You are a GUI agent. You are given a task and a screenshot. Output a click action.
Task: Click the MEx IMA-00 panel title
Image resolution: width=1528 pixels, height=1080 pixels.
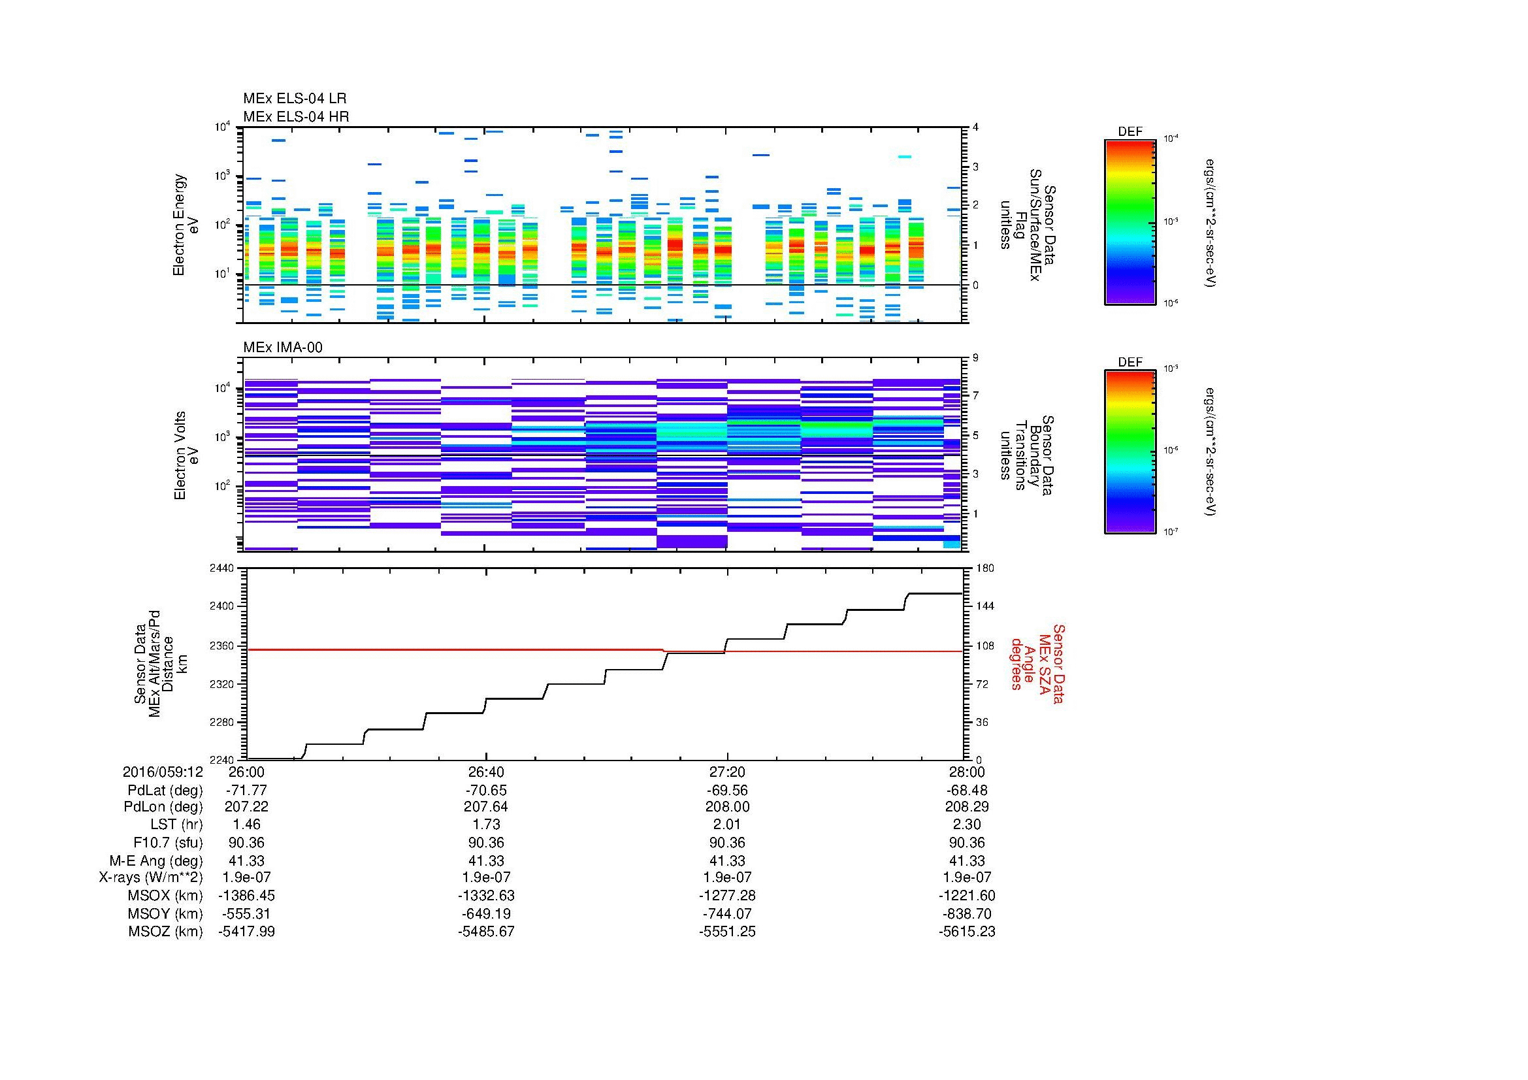point(282,348)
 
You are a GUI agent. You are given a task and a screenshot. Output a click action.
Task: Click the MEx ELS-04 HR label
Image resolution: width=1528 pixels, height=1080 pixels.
point(295,116)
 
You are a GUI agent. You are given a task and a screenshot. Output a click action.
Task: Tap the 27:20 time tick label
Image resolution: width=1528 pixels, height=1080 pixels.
point(726,772)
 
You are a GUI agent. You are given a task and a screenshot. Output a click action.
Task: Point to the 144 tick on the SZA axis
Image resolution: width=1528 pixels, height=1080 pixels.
point(984,606)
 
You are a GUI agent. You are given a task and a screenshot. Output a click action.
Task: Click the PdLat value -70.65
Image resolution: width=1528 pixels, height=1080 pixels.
point(486,790)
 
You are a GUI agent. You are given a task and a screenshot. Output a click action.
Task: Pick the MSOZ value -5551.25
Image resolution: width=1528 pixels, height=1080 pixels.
point(726,932)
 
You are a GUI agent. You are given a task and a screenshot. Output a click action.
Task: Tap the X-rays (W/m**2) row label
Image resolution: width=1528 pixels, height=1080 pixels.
point(150,877)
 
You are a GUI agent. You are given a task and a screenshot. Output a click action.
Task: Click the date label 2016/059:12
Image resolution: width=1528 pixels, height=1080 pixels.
point(163,772)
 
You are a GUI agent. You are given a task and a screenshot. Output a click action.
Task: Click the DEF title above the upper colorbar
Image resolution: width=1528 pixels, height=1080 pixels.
point(1130,132)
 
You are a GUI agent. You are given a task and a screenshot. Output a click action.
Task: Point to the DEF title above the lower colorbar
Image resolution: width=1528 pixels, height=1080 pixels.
point(1130,362)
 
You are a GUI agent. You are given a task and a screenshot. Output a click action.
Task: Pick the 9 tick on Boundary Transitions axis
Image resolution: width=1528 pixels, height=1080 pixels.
point(975,358)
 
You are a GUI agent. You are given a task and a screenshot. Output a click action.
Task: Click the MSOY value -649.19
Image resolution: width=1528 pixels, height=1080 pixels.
point(486,913)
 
